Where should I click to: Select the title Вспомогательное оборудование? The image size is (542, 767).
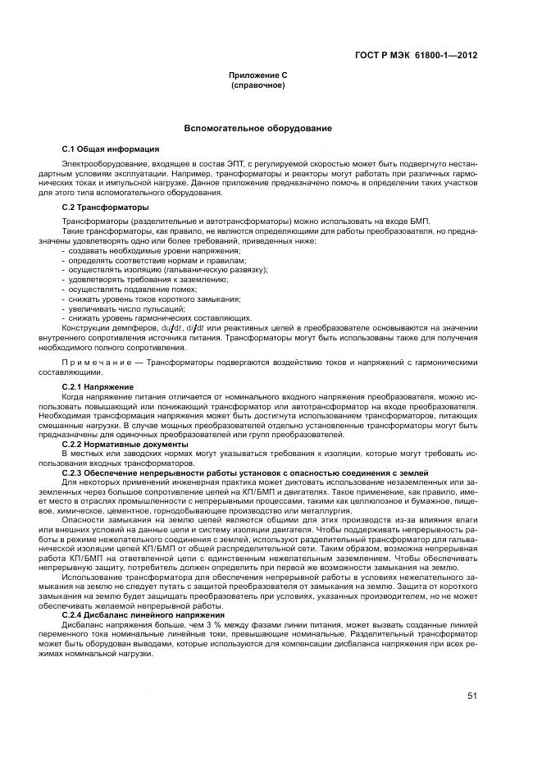257,130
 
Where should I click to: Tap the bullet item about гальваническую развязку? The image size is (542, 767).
168,269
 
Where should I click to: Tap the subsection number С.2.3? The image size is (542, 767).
74,473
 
